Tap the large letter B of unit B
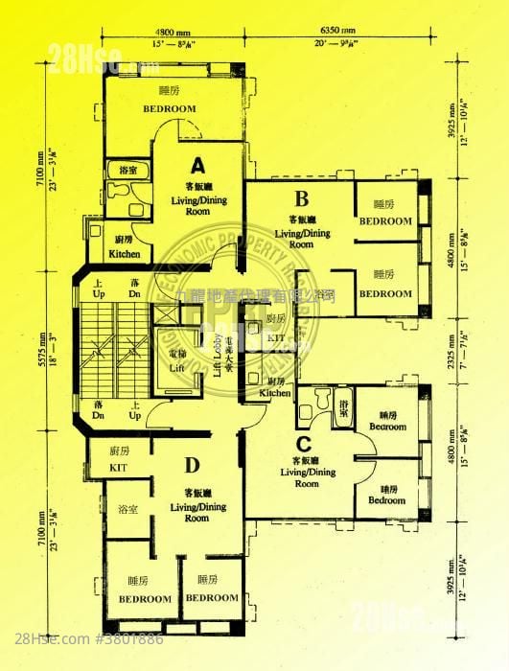(x=300, y=199)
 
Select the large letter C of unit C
(x=303, y=444)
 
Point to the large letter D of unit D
(x=192, y=467)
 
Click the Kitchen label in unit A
(x=125, y=254)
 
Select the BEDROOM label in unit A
(x=170, y=108)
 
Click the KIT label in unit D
(x=119, y=467)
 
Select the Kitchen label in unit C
(x=275, y=393)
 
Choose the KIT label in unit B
(x=276, y=338)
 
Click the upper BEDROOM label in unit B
(x=385, y=220)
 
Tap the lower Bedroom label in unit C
(x=387, y=500)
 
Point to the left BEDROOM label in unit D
(x=144, y=598)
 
